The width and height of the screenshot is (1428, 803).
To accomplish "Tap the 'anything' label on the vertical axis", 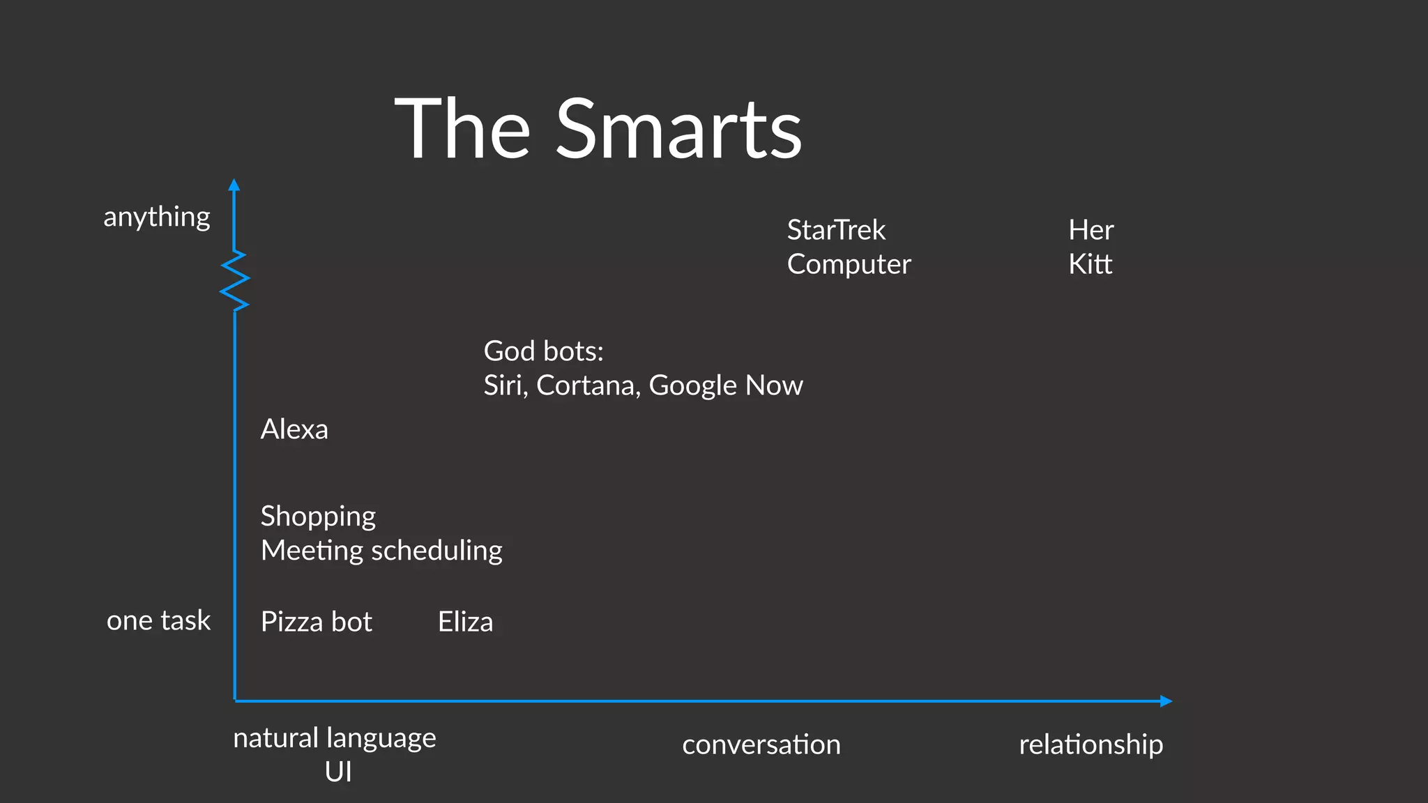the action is click(157, 217).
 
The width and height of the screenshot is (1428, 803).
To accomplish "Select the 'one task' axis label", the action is click(158, 620).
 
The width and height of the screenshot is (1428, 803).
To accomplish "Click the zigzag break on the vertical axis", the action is click(234, 280).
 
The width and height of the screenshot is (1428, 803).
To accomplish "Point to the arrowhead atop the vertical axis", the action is click(234, 185).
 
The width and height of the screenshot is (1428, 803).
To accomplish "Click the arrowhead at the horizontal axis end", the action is click(1166, 701).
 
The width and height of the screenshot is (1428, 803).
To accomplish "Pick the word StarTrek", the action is click(836, 230).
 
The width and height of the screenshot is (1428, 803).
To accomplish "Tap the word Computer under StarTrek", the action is click(849, 264).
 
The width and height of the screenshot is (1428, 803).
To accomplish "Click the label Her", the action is click(1091, 230).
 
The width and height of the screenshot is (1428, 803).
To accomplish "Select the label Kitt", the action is click(1090, 264).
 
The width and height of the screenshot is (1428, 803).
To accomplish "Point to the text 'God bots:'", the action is click(543, 351).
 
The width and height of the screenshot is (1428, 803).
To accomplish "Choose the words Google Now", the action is click(725, 385).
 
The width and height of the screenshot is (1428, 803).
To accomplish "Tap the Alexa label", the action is click(294, 429).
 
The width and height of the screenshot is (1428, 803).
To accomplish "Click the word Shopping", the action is click(318, 517).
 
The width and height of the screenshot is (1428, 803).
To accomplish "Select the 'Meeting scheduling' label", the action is click(381, 551).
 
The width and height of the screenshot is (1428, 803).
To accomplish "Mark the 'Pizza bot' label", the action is click(316, 622).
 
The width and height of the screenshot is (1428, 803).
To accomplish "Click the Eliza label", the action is click(465, 622).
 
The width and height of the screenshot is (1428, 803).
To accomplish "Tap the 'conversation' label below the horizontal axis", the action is click(761, 744).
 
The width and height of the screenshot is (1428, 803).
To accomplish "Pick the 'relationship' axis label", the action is click(1091, 744).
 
